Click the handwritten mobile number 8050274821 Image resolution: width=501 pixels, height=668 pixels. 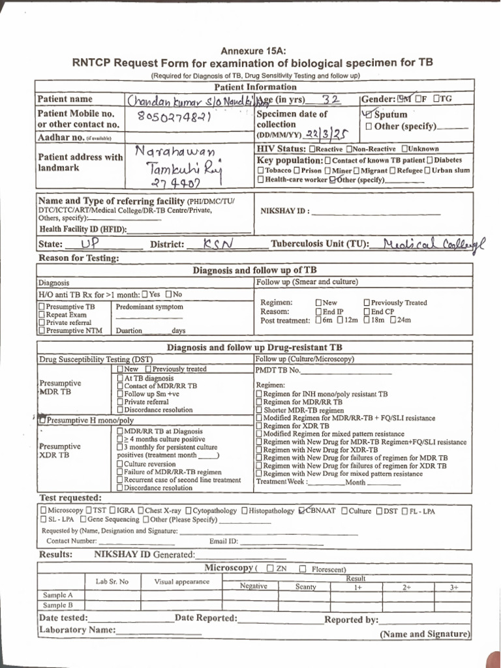(173, 117)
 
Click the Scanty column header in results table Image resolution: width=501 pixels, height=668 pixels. (305, 586)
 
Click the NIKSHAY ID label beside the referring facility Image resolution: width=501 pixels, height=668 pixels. (284, 211)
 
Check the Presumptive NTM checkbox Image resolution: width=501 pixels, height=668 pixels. (42, 331)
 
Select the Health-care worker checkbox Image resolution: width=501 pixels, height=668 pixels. (261, 179)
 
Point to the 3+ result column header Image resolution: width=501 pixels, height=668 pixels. (454, 587)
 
